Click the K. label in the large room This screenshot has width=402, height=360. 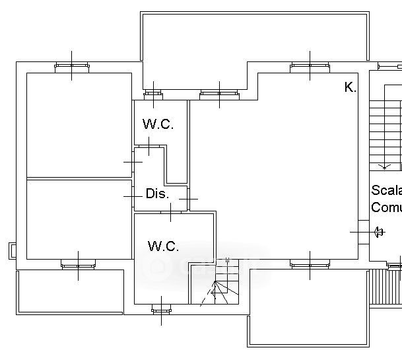[350, 87]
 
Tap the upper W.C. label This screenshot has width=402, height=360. [158, 124]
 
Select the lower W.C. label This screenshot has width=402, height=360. [163, 246]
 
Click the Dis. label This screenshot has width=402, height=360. [157, 194]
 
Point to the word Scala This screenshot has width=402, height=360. [386, 191]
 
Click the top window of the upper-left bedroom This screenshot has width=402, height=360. [71, 65]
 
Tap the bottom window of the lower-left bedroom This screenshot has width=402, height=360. [78, 266]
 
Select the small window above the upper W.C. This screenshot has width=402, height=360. [153, 94]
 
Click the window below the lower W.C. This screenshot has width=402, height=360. [161, 308]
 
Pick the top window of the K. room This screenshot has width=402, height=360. [310, 65]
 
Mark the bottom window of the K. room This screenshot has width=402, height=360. [310, 266]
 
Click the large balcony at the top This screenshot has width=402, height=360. [254, 36]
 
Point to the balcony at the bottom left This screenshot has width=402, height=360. [69, 291]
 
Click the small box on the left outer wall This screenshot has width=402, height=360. [13, 250]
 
